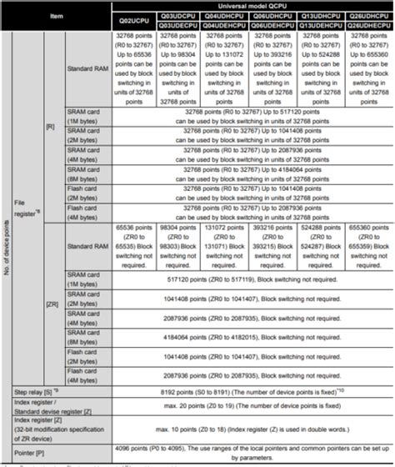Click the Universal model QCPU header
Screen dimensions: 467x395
click(x=252, y=6)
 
